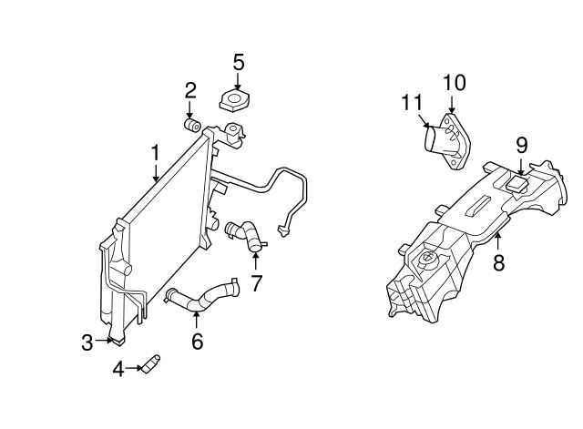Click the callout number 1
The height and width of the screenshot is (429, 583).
coord(155,152)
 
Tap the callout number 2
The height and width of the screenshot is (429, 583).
coord(190,89)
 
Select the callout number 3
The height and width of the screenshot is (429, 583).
coord(87,342)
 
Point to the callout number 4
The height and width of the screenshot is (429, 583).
coord(118,369)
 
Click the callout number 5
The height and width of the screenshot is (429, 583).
coord(238,62)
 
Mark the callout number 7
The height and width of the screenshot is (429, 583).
coord(256,282)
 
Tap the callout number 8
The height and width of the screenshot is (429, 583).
coord(498,264)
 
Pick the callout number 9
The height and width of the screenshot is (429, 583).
coord(521,144)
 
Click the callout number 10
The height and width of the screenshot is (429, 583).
coord(454,83)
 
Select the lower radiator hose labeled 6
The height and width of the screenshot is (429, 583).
coord(202,297)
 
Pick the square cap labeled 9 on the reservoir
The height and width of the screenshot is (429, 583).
coord(518,183)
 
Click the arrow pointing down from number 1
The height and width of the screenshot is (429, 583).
coord(156,172)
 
